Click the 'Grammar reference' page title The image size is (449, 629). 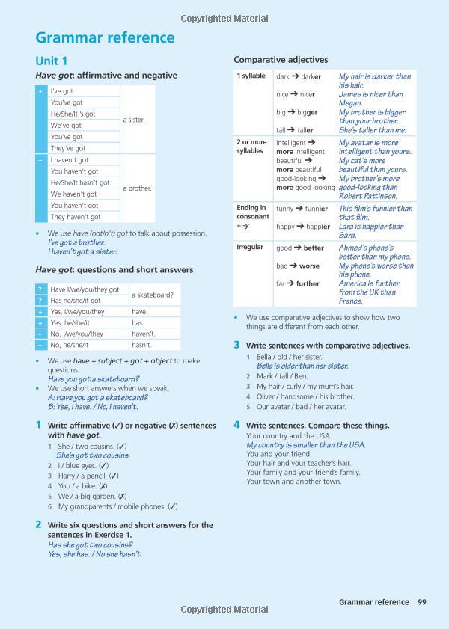[105, 37]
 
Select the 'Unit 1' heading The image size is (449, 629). [52, 61]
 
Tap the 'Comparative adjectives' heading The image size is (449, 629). [281, 59]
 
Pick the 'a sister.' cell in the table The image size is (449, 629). [134, 120]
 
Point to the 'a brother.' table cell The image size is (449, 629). [137, 188]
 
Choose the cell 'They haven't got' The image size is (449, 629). [75, 217]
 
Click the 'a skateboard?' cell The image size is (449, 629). [153, 295]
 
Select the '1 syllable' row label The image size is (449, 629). [251, 76]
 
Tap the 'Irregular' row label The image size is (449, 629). [250, 248]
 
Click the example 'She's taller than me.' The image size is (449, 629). [373, 130]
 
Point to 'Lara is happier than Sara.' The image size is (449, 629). [371, 230]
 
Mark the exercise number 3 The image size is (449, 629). [236, 345]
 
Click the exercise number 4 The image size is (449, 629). [236, 425]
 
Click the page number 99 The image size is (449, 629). [422, 601]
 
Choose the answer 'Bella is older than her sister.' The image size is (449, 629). [302, 366]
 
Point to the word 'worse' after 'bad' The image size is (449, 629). [309, 266]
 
